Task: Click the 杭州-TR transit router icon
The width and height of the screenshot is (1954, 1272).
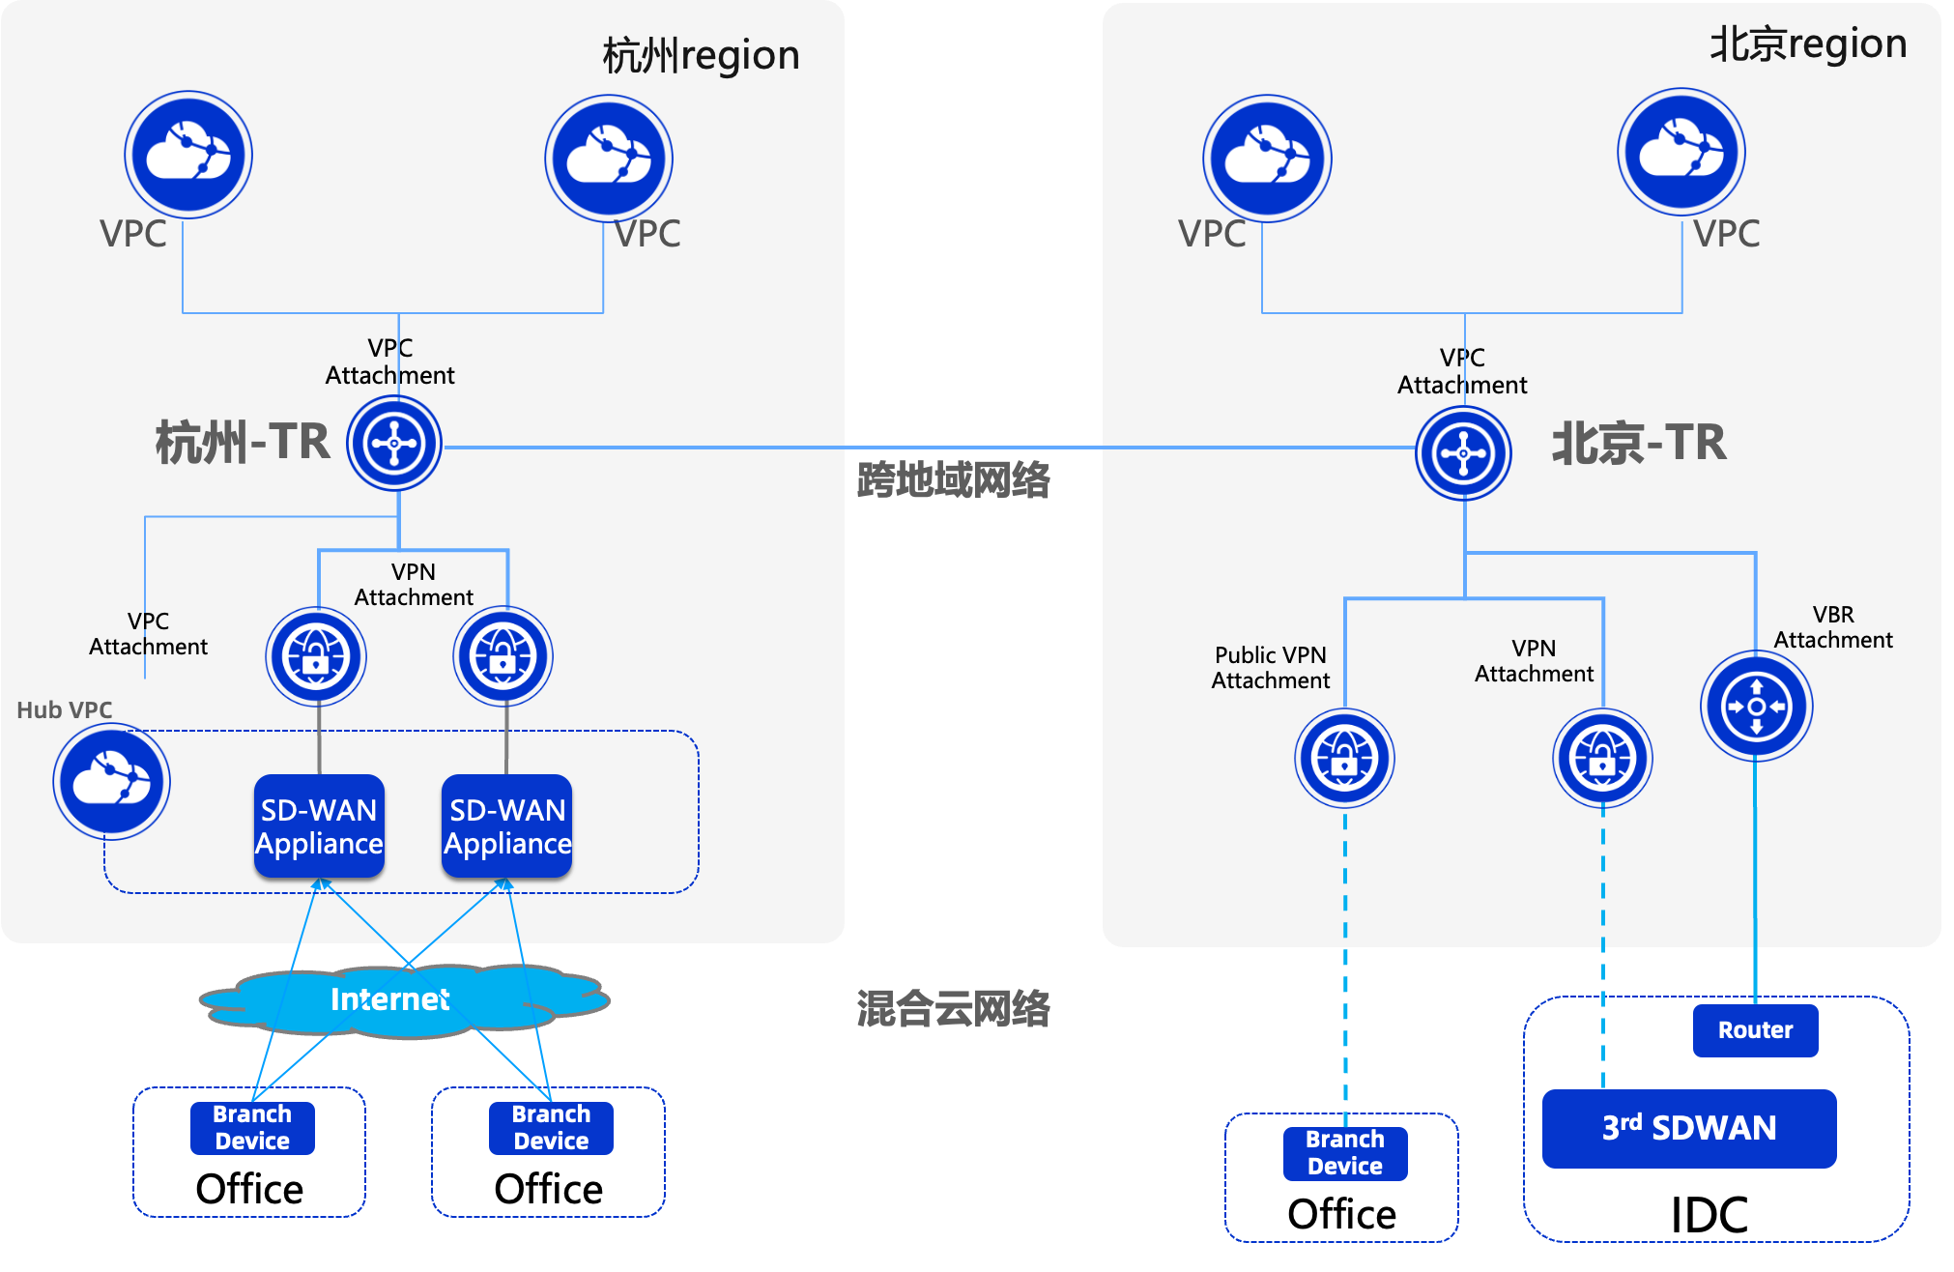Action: point(394,445)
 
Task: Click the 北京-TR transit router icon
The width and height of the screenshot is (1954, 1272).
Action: point(1464,452)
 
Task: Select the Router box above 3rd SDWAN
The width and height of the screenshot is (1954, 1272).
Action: point(1755,1030)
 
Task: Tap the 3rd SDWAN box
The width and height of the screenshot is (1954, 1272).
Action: point(1689,1128)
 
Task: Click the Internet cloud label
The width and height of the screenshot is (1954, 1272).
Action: point(389,999)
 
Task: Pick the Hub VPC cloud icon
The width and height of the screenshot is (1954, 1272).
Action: point(111,781)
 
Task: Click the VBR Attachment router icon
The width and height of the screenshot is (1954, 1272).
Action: point(1756,707)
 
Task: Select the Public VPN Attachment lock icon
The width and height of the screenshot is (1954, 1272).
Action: point(1344,759)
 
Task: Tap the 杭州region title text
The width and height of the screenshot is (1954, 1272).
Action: point(701,56)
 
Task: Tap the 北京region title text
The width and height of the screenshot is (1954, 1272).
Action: point(1808,45)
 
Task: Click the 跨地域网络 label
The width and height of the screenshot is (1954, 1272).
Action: point(953,480)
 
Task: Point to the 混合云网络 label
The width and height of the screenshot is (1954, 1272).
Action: point(953,1009)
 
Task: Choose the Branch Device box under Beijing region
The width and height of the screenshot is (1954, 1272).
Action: point(1344,1153)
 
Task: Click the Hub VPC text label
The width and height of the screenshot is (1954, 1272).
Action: point(65,710)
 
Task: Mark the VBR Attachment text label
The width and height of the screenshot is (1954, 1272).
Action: point(1833,627)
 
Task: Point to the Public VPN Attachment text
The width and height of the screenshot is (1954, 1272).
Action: point(1271,668)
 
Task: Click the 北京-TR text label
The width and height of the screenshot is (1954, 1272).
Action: point(1639,444)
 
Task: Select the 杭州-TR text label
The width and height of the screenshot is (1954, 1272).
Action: point(243,443)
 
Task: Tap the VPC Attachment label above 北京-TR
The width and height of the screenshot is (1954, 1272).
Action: point(1462,371)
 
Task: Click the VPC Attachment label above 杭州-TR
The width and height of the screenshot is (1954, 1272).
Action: point(389,361)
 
